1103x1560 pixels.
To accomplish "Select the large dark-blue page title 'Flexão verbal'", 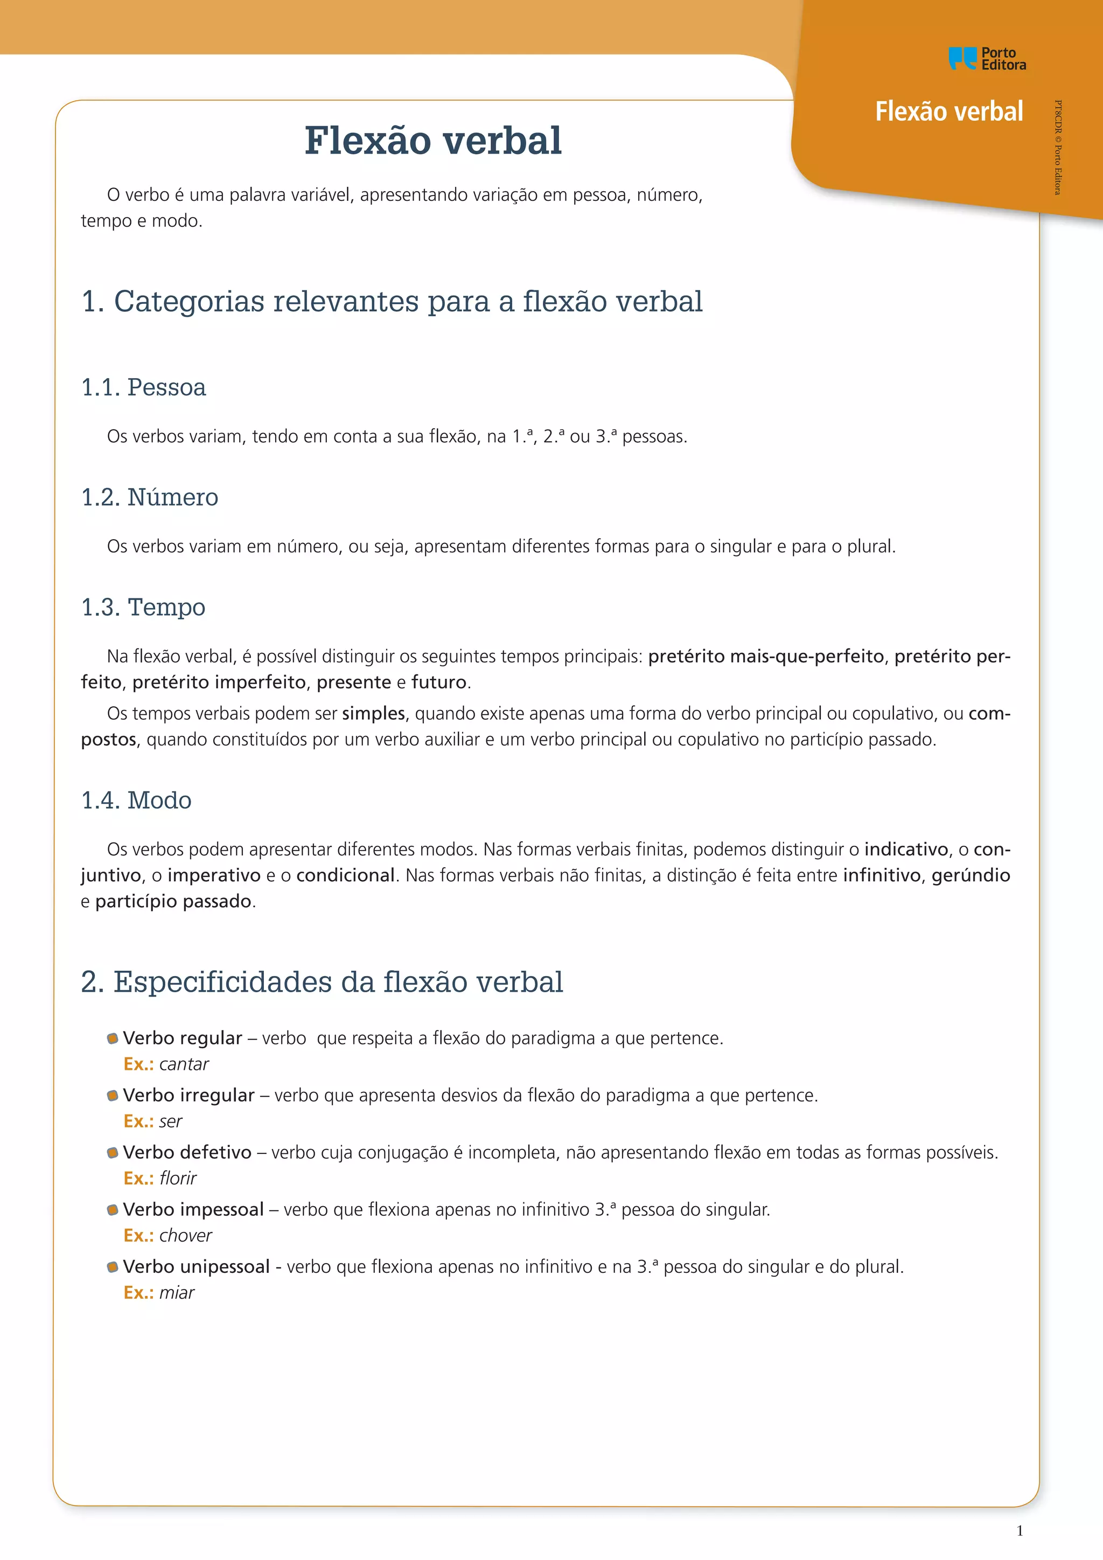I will [x=432, y=141].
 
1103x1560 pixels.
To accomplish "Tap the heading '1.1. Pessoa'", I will [x=143, y=387].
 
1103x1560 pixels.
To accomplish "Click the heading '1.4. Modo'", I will [x=136, y=800].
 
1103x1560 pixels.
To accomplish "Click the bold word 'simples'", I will [x=374, y=713].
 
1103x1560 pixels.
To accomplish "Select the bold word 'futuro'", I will [x=439, y=682].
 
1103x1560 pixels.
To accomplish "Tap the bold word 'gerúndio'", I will [x=971, y=875].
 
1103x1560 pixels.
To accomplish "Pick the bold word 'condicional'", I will [x=345, y=875].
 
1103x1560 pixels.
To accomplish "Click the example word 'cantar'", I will [x=184, y=1064].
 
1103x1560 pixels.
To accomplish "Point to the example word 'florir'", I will [x=178, y=1178].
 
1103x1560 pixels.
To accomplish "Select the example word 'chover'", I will [x=185, y=1235].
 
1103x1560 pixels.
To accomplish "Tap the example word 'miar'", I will [x=177, y=1292].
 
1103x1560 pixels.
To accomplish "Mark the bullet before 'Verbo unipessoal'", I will [x=113, y=1266].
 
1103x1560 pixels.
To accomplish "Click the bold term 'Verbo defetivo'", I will [x=187, y=1152].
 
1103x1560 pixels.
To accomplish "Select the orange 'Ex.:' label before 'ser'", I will [x=138, y=1121].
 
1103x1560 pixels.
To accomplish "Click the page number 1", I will [x=1020, y=1530].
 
